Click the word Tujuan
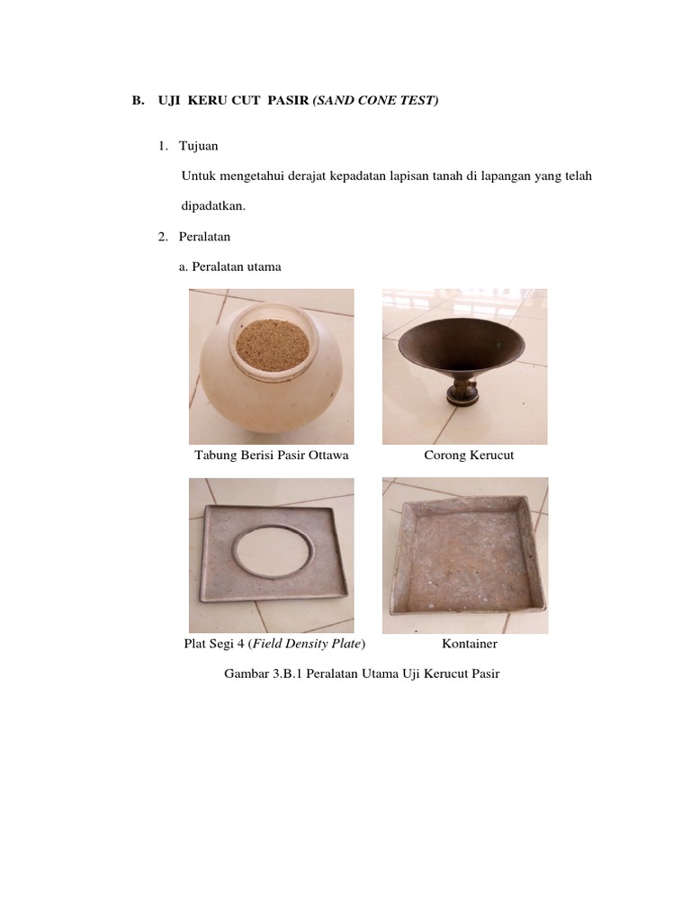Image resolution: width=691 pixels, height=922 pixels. [198, 146]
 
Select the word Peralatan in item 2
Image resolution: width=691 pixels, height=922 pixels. [205, 237]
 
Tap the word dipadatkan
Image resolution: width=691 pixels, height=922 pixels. [213, 205]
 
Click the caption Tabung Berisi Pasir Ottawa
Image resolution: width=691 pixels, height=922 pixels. [272, 456]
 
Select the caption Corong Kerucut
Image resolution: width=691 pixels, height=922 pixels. [469, 456]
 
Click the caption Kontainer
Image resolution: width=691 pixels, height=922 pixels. [470, 645]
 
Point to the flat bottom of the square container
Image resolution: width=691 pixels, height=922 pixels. [463, 567]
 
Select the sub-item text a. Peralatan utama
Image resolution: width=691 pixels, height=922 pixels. [232, 267]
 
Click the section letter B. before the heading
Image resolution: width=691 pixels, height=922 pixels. [138, 102]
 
